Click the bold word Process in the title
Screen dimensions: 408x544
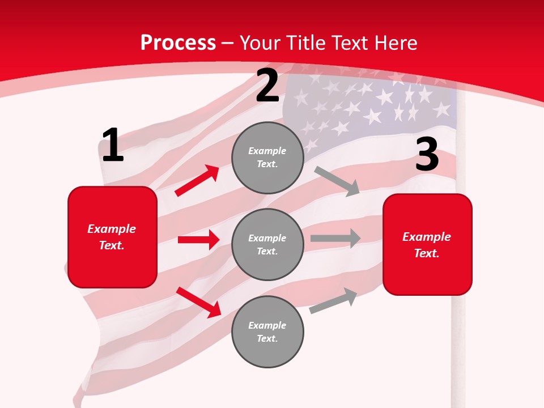(x=178, y=43)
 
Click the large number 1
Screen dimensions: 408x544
(x=112, y=146)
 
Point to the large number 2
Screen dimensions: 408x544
(x=267, y=86)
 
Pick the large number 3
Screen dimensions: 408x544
(x=427, y=155)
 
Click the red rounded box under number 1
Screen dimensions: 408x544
(x=112, y=237)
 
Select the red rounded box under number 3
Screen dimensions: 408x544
(x=427, y=245)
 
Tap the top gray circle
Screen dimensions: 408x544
(x=267, y=158)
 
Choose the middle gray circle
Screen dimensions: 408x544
(x=267, y=244)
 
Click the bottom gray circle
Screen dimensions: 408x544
(x=267, y=331)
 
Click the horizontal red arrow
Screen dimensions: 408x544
(x=198, y=240)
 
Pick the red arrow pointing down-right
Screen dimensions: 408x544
(x=198, y=302)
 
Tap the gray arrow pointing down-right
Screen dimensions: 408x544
(x=337, y=181)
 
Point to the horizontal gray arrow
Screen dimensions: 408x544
(x=335, y=238)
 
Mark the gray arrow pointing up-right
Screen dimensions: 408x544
(x=333, y=301)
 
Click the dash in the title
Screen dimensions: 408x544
(x=228, y=43)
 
